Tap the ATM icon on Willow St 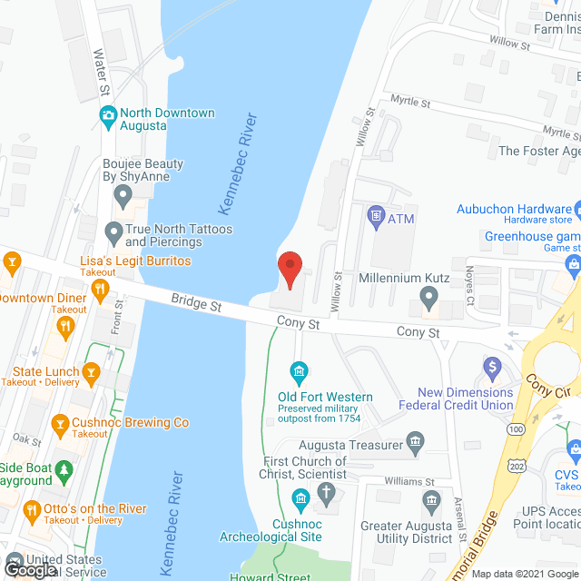pyautogui.click(x=375, y=217)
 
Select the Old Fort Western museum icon pyautogui.click(x=298, y=370)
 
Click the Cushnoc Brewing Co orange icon pyautogui.click(x=60, y=423)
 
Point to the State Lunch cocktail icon pyautogui.click(x=91, y=371)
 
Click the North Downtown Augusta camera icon pyautogui.click(x=107, y=113)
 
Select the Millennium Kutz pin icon pyautogui.click(x=430, y=295)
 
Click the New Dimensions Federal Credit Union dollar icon pyautogui.click(x=492, y=367)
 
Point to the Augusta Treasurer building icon pyautogui.click(x=415, y=445)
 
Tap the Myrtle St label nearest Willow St pyautogui.click(x=409, y=103)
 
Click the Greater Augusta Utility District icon pyautogui.click(x=432, y=500)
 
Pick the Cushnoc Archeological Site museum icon pyautogui.click(x=298, y=498)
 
